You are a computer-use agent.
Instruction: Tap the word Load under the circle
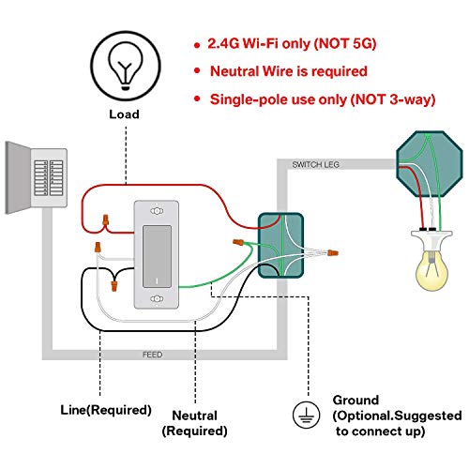(122, 114)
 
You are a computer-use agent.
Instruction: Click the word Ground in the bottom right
(356, 400)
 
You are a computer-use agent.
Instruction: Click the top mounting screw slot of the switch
(151, 210)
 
